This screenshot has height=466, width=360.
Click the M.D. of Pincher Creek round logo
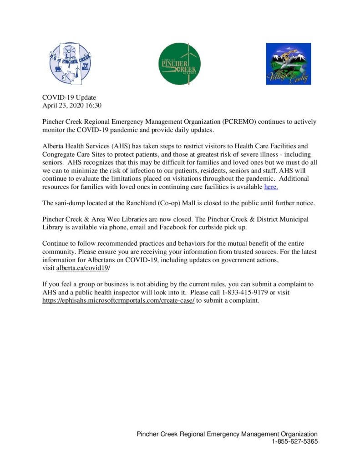point(70,63)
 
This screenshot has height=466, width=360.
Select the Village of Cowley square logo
point(288,64)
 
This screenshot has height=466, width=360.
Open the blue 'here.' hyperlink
point(271,187)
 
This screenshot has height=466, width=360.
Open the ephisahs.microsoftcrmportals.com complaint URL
point(118,300)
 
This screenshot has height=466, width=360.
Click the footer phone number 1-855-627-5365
point(294,441)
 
